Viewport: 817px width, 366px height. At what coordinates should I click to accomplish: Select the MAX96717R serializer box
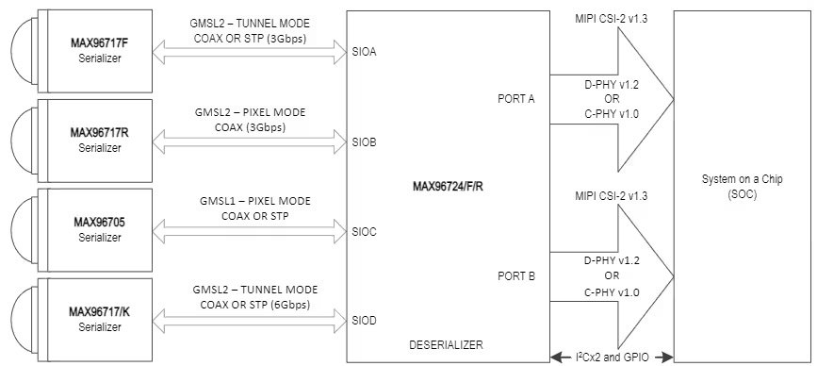coord(99,139)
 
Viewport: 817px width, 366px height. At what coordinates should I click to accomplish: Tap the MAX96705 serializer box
coord(99,229)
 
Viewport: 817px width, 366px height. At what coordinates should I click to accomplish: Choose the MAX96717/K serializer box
coord(99,318)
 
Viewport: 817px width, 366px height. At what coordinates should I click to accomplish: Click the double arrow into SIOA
coord(255,58)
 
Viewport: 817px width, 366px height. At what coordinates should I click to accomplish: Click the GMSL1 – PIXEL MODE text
coord(255,201)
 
